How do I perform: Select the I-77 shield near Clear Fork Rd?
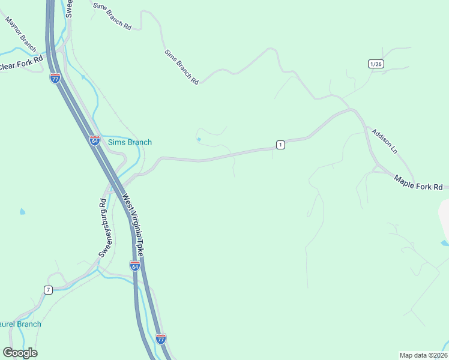click(55, 78)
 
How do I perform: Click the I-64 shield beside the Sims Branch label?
click(95, 140)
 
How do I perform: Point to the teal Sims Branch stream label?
click(130, 142)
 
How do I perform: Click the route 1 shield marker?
click(280, 145)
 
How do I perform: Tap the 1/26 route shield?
click(376, 64)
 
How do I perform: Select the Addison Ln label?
click(384, 141)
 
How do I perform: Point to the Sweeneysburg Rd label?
click(102, 228)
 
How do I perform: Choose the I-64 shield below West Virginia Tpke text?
click(135, 266)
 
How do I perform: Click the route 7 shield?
click(48, 290)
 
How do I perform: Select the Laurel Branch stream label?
click(21, 324)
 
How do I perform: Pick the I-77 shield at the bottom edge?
click(160, 339)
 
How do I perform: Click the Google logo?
click(20, 353)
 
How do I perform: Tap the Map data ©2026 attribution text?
click(423, 355)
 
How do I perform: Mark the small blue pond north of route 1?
click(199, 140)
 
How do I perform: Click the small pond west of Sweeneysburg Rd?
click(23, 212)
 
